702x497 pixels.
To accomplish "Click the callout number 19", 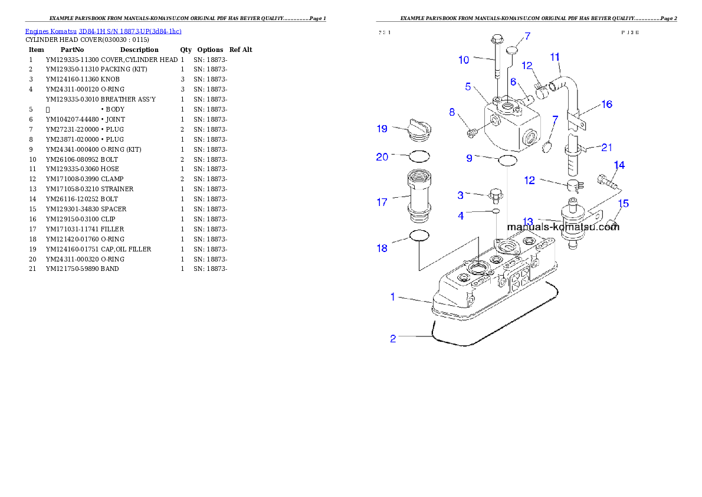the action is click(382, 129).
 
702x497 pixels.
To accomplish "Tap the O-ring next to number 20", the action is click(419, 156).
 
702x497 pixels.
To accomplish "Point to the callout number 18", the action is click(382, 248).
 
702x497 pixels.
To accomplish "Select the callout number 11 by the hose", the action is click(555, 57).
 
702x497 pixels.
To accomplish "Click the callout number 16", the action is click(606, 104).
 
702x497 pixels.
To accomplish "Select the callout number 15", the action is click(623, 204).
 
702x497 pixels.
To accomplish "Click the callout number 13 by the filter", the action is click(527, 221).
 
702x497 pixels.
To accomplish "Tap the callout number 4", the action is click(461, 216).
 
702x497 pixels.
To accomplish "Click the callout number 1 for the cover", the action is click(392, 297).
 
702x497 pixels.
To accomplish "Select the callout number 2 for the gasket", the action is click(393, 339).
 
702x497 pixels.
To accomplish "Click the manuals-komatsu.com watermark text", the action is click(563, 227).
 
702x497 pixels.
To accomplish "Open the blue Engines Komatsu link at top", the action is click(103, 31).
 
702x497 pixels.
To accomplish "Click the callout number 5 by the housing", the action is click(468, 87).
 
